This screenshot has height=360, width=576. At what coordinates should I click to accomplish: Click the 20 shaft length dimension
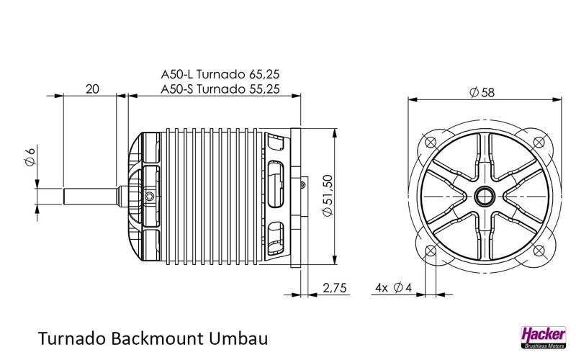coord(92,89)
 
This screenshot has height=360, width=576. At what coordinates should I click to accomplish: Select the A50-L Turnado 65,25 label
coord(220,74)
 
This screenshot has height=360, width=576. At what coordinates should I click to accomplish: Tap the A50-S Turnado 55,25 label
coord(220,89)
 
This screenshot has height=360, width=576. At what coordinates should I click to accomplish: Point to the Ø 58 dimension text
coord(482,92)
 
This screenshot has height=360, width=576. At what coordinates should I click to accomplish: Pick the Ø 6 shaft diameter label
coord(30,156)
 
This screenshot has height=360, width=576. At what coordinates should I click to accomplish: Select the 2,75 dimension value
coord(335,287)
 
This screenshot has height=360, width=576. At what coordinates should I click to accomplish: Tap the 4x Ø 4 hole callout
coord(393,287)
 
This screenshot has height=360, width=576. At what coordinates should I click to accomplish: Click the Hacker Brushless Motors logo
coord(544,337)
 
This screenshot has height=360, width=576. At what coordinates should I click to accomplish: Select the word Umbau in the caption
coord(238,338)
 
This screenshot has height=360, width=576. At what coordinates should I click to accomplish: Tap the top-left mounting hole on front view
coord(430,142)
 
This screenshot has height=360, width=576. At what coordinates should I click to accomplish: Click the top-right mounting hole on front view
coord(539,142)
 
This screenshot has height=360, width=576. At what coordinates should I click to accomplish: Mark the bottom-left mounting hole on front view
coord(430,251)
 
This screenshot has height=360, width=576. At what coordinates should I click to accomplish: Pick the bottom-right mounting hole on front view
coord(539,251)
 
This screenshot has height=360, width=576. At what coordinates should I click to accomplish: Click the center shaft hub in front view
coord(484,197)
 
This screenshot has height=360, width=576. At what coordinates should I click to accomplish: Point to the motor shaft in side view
coord(92,196)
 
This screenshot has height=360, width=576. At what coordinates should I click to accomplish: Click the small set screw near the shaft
coord(149,197)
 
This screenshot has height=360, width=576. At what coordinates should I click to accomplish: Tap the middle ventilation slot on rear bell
coord(276,184)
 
